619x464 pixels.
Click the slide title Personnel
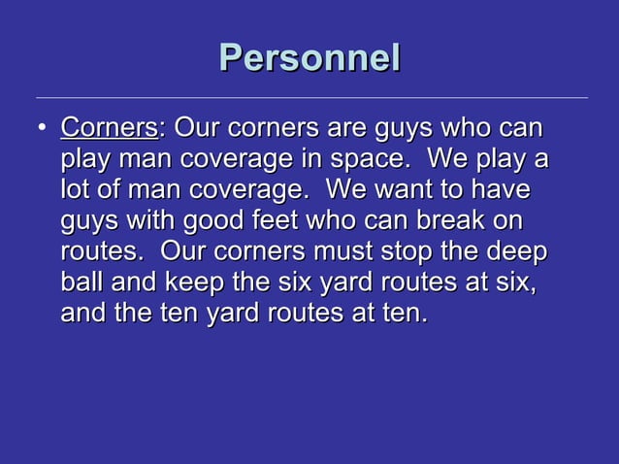[309, 56]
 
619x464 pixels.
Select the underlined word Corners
[109, 128]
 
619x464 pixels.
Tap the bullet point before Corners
[40, 129]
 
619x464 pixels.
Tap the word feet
[282, 220]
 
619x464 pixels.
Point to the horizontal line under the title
[310, 98]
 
